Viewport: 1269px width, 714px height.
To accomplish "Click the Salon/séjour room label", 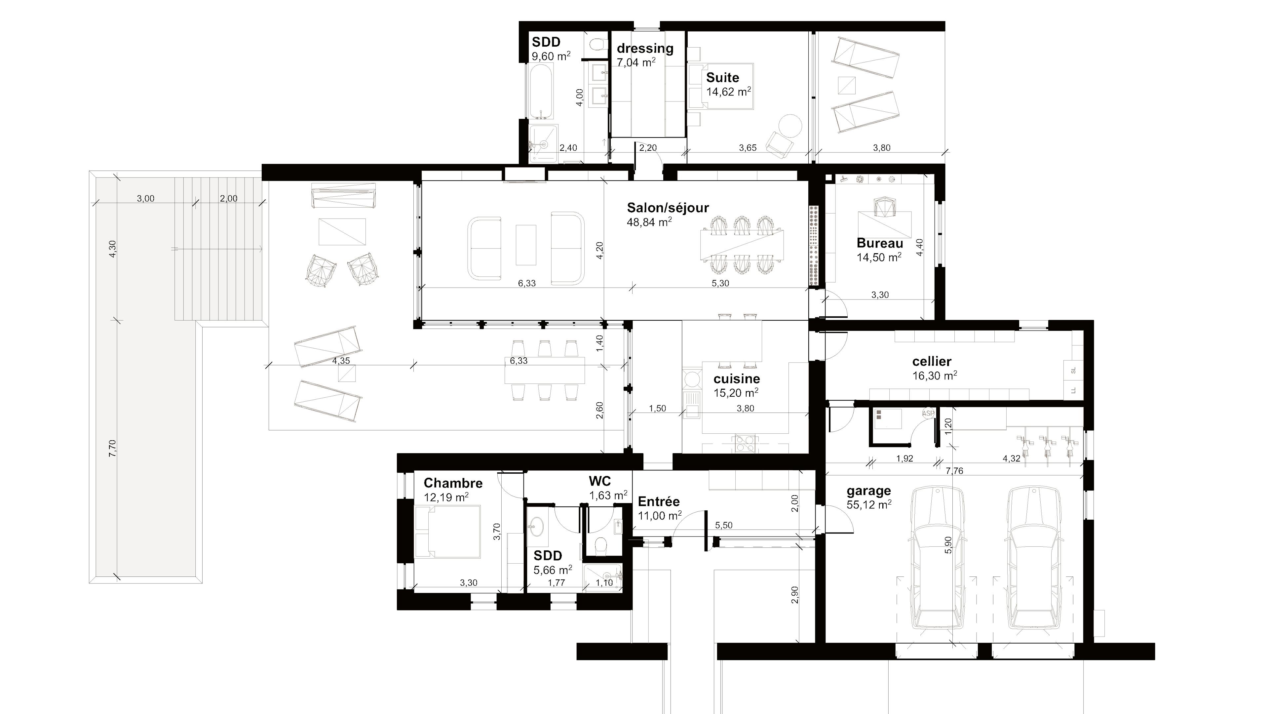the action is [668, 208].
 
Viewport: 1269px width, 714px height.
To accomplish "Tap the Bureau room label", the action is [880, 243].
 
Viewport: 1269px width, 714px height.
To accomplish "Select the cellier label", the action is [932, 361].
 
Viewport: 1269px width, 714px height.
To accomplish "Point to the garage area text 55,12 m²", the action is [869, 504].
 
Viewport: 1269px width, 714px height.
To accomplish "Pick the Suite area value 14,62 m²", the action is [729, 92].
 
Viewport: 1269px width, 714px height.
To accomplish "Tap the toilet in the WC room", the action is [600, 546].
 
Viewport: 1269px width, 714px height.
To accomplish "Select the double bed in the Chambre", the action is [447, 533].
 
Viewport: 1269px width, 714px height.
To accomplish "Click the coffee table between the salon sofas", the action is [526, 245].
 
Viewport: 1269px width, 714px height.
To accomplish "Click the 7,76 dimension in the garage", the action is [954, 471].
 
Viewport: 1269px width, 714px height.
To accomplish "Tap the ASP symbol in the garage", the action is [928, 414].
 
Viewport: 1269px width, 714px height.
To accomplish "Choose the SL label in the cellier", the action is [1073, 371].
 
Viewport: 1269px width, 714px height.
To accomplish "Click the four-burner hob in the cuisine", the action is [745, 443].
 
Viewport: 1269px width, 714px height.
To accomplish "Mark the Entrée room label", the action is [659, 502].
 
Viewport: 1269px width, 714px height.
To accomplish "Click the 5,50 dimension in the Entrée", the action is [724, 525].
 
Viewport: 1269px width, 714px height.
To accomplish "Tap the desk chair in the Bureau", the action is [882, 207].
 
